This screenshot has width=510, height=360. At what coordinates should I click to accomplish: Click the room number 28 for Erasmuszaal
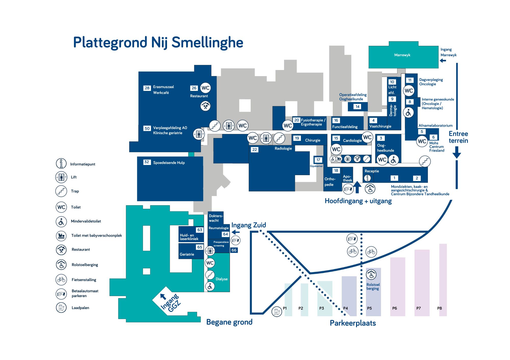[147, 88]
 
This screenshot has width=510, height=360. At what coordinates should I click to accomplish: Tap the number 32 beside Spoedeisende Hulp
[147, 162]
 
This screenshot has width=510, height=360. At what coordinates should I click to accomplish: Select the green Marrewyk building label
[402, 55]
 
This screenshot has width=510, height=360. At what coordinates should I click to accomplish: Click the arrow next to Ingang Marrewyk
[443, 61]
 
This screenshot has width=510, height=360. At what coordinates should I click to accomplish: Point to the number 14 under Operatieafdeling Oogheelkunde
[358, 107]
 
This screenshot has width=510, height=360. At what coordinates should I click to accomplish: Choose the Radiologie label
[283, 148]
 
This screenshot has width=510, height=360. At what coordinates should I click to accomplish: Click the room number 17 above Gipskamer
[318, 160]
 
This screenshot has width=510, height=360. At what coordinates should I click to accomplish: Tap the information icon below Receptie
[367, 178]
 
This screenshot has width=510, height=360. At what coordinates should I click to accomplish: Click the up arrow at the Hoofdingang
[358, 187]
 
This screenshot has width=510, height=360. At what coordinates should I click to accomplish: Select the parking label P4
[346, 308]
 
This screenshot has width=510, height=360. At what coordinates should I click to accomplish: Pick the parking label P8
[440, 308]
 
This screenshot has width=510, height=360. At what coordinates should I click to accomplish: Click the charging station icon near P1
[277, 312]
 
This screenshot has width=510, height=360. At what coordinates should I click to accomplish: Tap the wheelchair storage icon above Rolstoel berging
[371, 275]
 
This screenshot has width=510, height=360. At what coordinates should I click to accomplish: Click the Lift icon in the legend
[61, 177]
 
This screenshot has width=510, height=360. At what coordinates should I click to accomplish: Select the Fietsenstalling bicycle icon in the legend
[61, 280]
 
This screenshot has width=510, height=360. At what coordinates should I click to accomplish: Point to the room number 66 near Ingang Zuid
[234, 250]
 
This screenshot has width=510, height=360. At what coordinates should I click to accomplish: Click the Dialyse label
[222, 279]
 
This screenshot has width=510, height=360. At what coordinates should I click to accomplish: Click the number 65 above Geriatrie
[200, 247]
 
